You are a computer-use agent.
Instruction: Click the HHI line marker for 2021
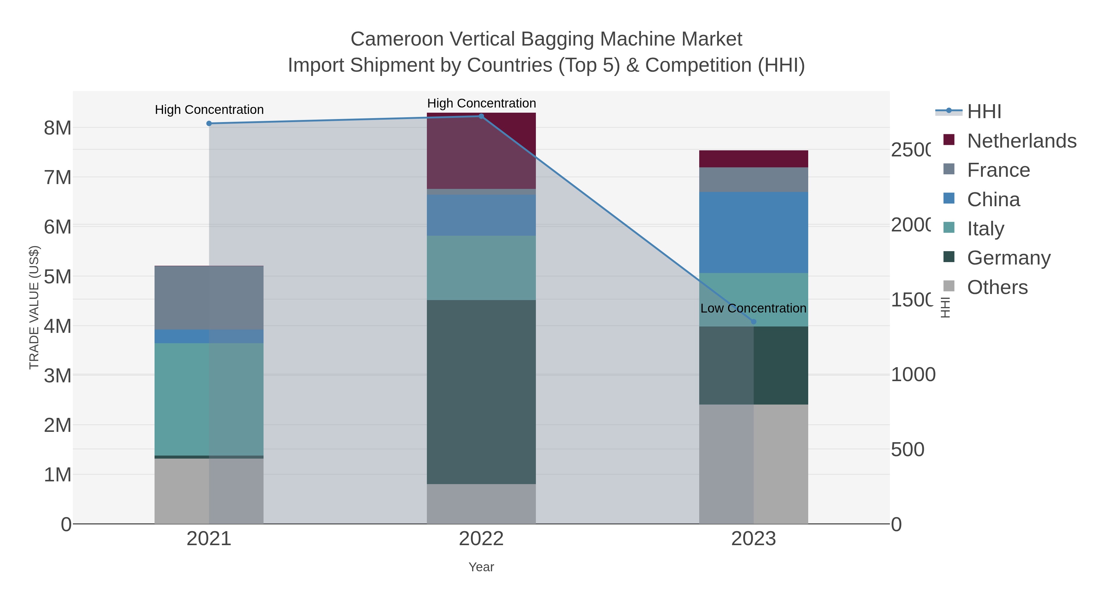tap(209, 124)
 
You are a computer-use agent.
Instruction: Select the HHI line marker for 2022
tap(481, 116)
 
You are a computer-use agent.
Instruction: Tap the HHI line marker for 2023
tap(754, 322)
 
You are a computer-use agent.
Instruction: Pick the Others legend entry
tap(997, 287)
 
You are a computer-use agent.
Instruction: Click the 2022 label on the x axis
tap(481, 538)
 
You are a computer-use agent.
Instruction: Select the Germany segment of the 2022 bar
tap(481, 392)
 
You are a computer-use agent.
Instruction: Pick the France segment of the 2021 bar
tap(209, 298)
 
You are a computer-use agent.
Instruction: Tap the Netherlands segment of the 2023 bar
tap(754, 159)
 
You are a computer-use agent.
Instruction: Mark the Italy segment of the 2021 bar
tap(209, 399)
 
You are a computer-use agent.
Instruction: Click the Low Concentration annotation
tap(753, 308)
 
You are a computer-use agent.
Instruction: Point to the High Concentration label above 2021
tap(209, 110)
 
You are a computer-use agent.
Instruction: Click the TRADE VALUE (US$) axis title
tap(34, 307)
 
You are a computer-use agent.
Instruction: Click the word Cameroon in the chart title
tap(397, 39)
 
